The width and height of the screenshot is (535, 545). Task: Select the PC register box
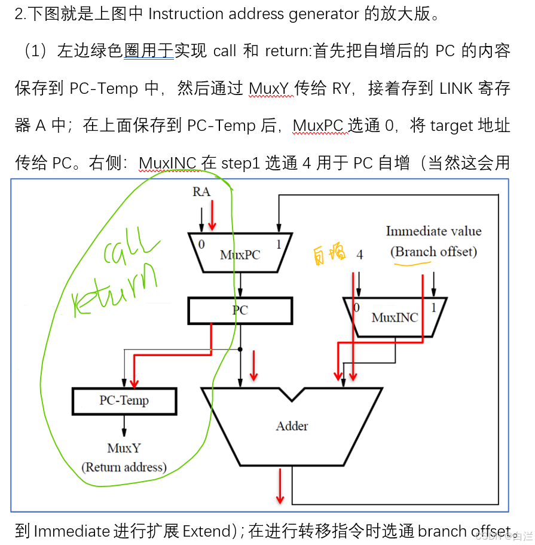click(240, 310)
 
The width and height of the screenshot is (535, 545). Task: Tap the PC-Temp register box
click(124, 401)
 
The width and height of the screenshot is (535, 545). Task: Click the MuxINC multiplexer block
click(394, 317)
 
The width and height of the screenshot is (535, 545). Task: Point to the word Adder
click(292, 426)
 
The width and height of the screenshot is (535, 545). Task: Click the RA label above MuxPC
click(201, 192)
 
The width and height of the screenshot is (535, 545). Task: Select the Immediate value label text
click(433, 231)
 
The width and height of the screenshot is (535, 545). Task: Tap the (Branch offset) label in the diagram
click(433, 252)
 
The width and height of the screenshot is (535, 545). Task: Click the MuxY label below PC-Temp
click(124, 448)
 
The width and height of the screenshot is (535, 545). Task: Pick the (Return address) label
click(124, 467)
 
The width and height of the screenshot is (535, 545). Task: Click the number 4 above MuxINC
click(359, 255)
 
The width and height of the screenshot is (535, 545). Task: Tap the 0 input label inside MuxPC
click(201, 244)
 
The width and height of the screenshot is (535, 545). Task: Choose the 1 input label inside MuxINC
click(433, 307)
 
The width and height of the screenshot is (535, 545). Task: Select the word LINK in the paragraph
click(461, 89)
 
